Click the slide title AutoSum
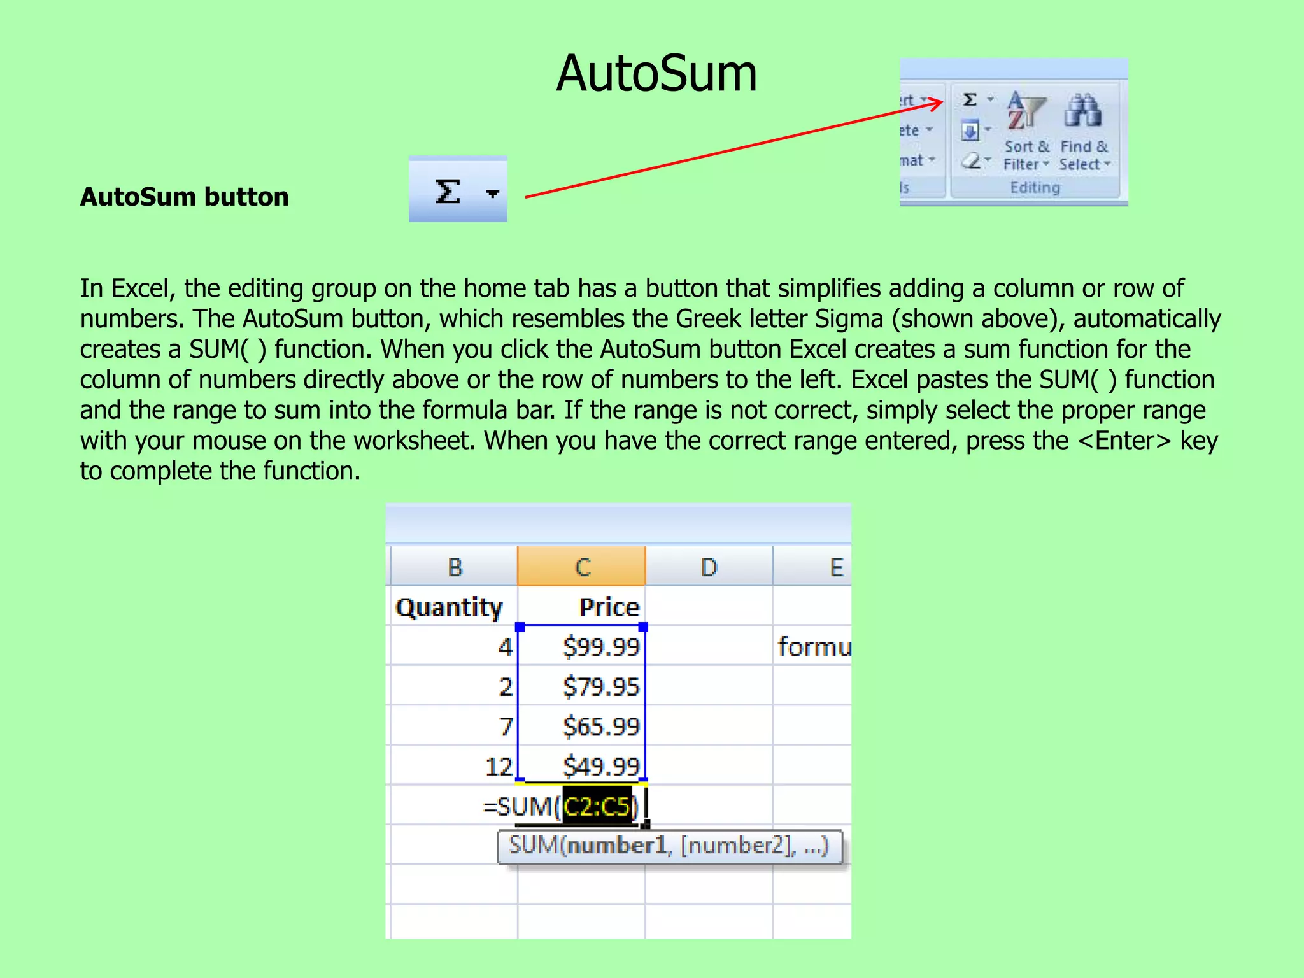coord(656,74)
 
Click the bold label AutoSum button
coord(184,197)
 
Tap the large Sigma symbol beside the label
coord(448,191)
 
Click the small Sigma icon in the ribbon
coord(970,99)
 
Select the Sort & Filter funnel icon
coord(1025,111)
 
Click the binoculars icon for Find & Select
coord(1082,111)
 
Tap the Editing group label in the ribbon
coord(1035,188)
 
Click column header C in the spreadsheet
coord(582,567)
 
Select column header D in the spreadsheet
coord(709,567)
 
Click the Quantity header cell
coord(449,607)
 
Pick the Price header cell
coord(609,607)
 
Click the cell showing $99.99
coord(600,647)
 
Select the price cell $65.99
coord(600,726)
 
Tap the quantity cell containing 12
coord(499,766)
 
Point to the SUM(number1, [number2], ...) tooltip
coord(669,846)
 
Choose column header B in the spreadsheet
coord(455,567)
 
